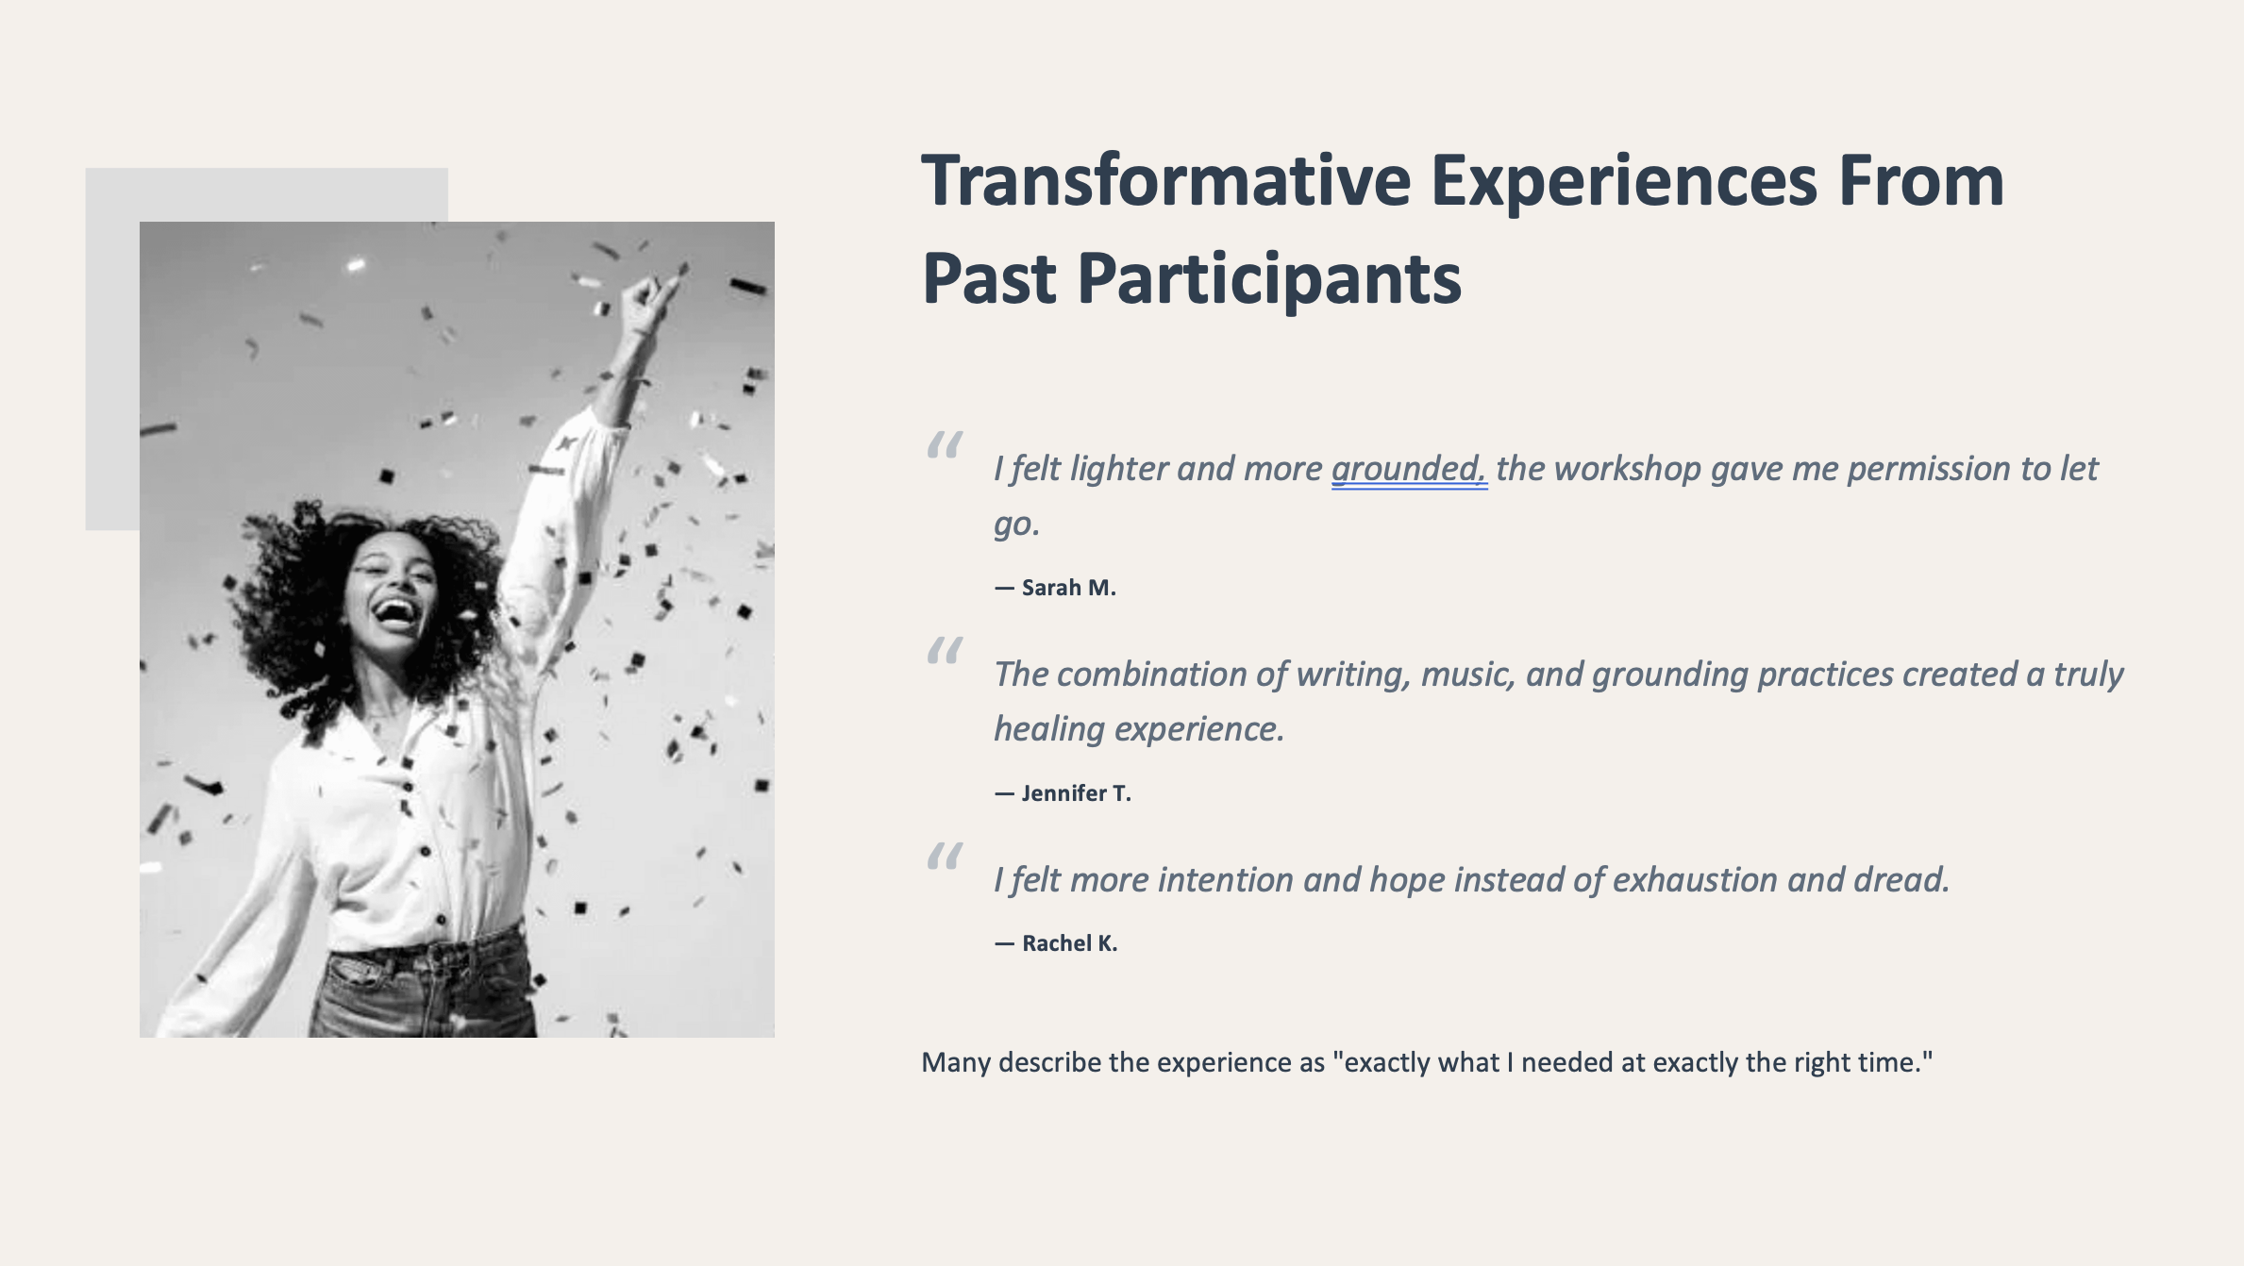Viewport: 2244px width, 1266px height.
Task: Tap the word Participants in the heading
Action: click(x=1269, y=280)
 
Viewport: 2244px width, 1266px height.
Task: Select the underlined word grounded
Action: click(x=1409, y=470)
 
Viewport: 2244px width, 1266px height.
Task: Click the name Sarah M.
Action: click(x=1068, y=588)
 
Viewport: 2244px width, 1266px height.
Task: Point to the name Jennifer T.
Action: click(x=1076, y=793)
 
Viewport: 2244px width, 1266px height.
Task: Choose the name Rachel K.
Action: click(x=1069, y=943)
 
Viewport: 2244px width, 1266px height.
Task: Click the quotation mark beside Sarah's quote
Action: click(x=945, y=444)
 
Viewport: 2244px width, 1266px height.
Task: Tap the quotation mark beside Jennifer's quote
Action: click(x=945, y=650)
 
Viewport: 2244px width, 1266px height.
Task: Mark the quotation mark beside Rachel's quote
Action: click(x=945, y=856)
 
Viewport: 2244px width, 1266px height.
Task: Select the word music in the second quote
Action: click(x=1468, y=675)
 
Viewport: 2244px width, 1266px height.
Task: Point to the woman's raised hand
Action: click(x=651, y=299)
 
